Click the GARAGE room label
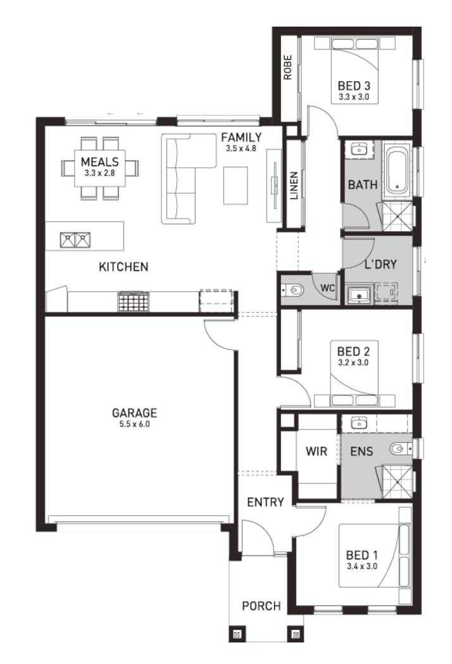coord(134,412)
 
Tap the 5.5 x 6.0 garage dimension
coord(134,424)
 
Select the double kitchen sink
coord(75,240)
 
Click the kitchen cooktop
coord(134,302)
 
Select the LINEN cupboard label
coord(294,186)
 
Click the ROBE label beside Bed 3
coord(288,67)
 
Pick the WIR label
coord(317,451)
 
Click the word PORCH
coord(261,606)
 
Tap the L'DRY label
coord(380,264)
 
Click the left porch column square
coord(237,634)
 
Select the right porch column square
coord(296,634)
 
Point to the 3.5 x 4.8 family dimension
coord(241,149)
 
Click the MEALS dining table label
coord(100,162)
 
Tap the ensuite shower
coord(397,482)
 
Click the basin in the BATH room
coord(359,150)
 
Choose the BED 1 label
coord(362,555)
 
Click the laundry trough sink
coord(359,295)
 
